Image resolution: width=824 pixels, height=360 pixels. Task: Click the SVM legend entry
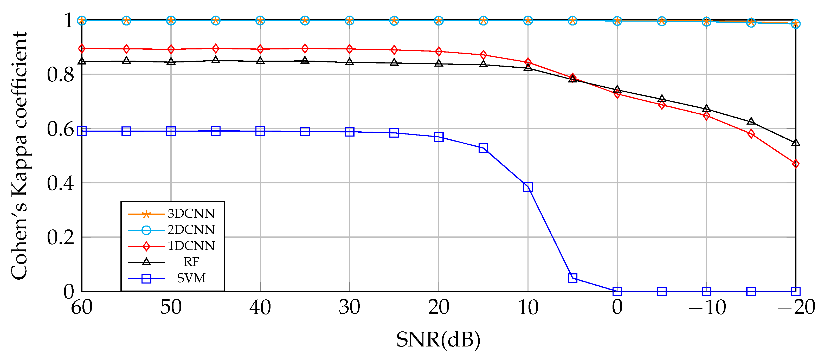pyautogui.click(x=191, y=278)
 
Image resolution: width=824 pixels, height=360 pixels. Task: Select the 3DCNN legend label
pyautogui.click(x=191, y=214)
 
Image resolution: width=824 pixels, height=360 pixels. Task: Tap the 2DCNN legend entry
pyautogui.click(x=191, y=229)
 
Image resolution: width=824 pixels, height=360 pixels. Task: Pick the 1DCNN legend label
pyautogui.click(x=191, y=246)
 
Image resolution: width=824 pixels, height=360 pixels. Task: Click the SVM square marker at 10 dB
pyautogui.click(x=528, y=187)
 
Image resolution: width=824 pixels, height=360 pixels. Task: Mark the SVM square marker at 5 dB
pyautogui.click(x=572, y=278)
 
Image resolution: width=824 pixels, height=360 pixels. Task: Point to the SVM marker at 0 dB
pyautogui.click(x=617, y=291)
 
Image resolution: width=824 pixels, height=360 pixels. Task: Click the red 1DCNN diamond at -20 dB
pyautogui.click(x=796, y=164)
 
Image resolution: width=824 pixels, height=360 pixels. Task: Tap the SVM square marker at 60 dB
pyautogui.click(x=82, y=131)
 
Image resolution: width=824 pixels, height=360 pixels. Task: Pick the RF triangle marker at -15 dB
pyautogui.click(x=751, y=121)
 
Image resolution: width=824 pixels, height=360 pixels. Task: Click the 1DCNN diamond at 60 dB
pyautogui.click(x=82, y=49)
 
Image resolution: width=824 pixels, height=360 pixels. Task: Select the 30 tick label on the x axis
pyautogui.click(x=349, y=307)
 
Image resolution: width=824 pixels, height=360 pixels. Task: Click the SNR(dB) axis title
pyautogui.click(x=438, y=340)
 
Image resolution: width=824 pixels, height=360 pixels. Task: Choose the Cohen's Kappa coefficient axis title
pyautogui.click(x=19, y=156)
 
